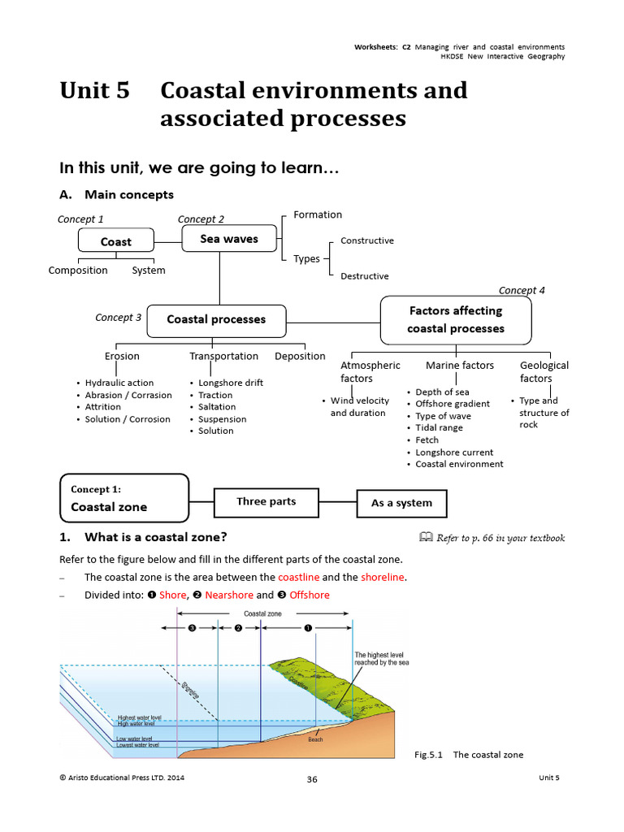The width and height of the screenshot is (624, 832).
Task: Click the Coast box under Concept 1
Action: coord(115,241)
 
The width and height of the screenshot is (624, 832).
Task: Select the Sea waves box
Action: coord(229,239)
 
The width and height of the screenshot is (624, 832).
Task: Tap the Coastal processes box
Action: coord(216,319)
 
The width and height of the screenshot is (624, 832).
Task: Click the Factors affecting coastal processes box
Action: coord(456,319)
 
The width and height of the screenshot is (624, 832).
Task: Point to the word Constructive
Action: coord(366,240)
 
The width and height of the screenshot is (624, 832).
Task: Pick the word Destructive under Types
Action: coord(365,276)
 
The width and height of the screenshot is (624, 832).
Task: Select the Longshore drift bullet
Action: coord(231,383)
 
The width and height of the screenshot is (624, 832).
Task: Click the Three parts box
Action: coord(266,502)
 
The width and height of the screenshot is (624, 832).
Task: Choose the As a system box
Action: coord(401,503)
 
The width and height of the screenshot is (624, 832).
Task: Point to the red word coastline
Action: coord(298,577)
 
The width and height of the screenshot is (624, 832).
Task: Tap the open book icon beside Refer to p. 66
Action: coord(425,537)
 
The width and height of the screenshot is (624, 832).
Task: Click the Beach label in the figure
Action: coord(315,739)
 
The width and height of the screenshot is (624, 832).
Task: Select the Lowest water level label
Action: coord(138,744)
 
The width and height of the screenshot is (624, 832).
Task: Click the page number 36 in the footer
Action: coord(312,779)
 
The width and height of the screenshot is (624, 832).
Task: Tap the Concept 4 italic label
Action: coord(522,290)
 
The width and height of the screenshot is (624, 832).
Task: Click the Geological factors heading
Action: coord(544,372)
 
